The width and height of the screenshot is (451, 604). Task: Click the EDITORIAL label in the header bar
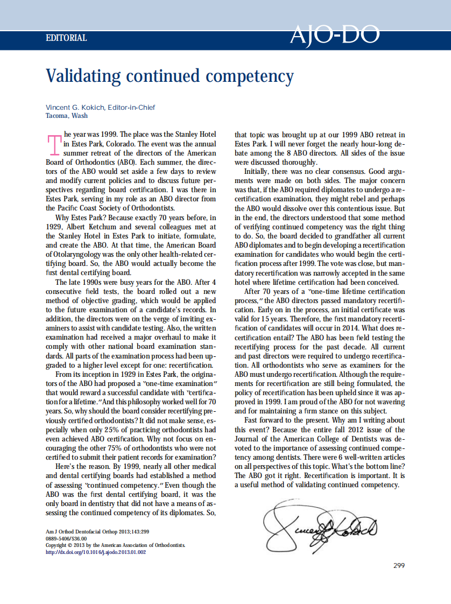pos(66,38)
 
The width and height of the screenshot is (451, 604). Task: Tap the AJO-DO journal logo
pos(335,34)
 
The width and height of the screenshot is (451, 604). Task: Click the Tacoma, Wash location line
pos(67,115)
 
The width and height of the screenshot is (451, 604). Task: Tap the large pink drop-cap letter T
pos(54,145)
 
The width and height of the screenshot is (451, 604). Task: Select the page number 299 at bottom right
pos(398,565)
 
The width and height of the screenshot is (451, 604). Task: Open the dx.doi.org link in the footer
pos(96,551)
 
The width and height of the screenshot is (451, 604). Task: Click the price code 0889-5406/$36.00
pos(66,538)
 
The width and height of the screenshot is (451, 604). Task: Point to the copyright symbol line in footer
pos(115,545)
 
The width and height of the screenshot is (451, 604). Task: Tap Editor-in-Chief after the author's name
pos(131,107)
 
